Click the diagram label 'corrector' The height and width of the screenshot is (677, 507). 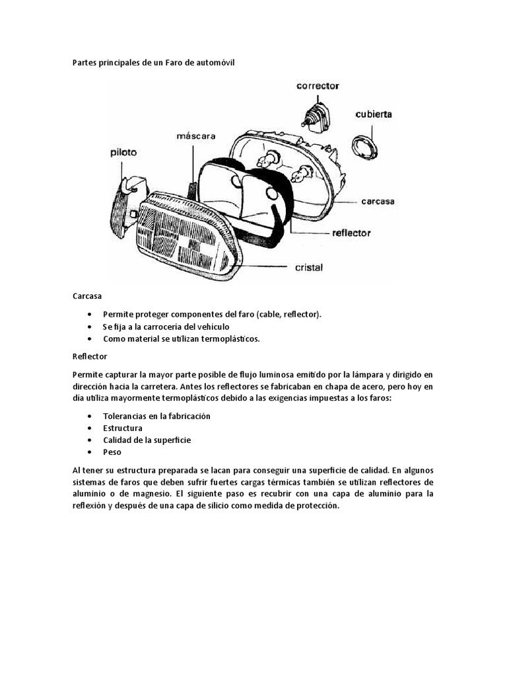[318, 86]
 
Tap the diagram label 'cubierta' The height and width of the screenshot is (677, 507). [374, 114]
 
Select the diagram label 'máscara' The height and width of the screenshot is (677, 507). [196, 136]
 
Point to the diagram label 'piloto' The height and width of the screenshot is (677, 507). [123, 152]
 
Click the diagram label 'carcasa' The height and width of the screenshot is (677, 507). [378, 202]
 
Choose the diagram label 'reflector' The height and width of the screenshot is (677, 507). [351, 233]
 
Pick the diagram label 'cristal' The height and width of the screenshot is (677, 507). [308, 268]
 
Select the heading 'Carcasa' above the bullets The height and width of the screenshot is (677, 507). [87, 298]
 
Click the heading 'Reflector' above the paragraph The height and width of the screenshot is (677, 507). [90, 356]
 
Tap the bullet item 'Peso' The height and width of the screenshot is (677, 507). [112, 452]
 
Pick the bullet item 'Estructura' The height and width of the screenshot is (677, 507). [123, 428]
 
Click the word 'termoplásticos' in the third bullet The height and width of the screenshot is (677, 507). [232, 339]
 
